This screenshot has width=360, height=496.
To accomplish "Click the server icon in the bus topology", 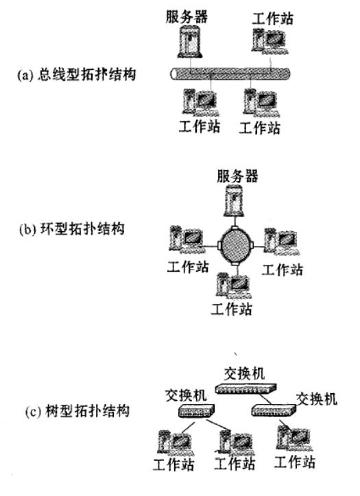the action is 190,42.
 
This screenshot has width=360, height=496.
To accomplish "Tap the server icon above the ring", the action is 234,200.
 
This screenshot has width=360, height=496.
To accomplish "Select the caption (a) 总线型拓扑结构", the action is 77,75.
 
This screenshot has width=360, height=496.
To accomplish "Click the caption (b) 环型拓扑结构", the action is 72,229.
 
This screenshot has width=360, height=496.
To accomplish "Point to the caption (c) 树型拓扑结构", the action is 77,411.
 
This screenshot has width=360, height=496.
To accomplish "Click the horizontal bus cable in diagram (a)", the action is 230,73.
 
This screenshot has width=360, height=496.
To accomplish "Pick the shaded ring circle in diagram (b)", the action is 235,246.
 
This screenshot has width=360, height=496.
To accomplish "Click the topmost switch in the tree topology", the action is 246,388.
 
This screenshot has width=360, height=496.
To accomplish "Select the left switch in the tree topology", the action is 196,411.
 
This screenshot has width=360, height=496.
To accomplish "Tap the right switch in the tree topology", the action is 274,410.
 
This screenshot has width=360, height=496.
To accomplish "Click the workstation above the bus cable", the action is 269,40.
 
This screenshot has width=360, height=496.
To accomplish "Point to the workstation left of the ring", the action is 187,239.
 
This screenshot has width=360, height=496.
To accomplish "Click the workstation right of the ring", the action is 282,241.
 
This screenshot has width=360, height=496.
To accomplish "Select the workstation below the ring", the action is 234,285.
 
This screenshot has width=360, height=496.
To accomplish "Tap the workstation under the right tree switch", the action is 295,438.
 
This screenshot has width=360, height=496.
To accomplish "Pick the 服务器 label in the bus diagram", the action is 187,16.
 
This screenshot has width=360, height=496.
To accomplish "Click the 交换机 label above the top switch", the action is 244,374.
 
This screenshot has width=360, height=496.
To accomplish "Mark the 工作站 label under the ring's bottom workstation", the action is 232,309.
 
